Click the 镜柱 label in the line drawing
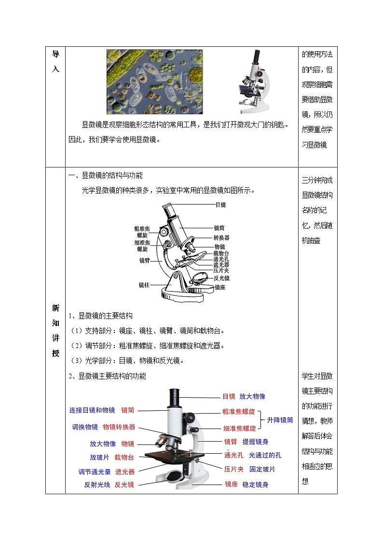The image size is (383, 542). click(144, 285)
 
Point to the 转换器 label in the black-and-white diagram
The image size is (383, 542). click(221, 237)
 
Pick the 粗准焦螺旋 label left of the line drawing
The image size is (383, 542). click(142, 231)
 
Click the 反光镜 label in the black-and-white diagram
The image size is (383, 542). click(221, 278)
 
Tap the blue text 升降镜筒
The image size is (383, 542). click(280, 420)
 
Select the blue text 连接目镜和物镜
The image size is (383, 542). click(92, 410)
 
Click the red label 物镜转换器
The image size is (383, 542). click(119, 427)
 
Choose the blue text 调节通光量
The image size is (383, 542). click(95, 472)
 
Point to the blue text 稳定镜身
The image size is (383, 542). click(255, 484)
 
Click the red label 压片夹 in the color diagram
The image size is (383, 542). click(233, 469)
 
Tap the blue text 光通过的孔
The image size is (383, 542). click(265, 455)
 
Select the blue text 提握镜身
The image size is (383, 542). click(255, 442)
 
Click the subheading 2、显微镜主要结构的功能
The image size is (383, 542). click(107, 375)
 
